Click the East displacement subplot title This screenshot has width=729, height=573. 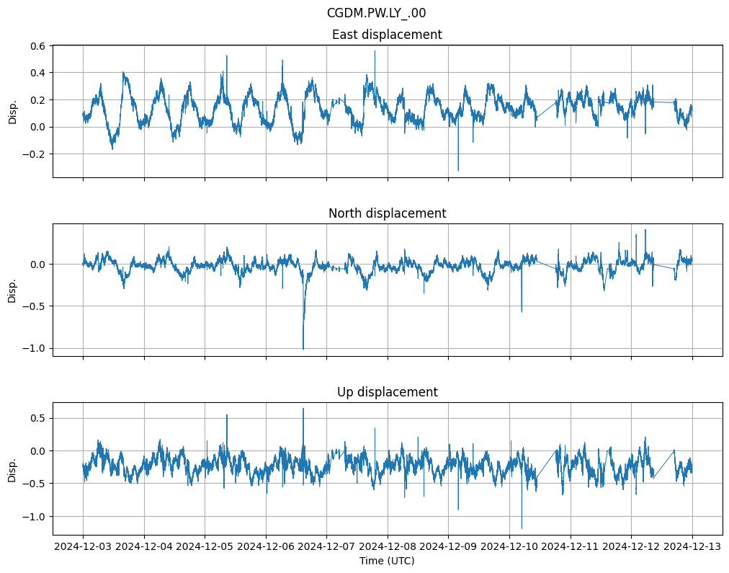387,35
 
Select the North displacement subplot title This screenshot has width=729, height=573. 387,213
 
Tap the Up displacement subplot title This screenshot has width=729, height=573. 387,392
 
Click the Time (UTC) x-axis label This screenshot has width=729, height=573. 387,560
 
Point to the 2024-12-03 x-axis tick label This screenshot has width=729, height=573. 83,546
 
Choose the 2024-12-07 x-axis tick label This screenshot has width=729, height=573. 326,546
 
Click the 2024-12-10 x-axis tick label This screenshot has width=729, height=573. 509,546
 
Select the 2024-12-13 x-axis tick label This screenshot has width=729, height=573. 692,546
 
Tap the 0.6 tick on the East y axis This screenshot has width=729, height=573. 37,45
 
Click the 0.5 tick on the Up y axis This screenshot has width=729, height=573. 37,418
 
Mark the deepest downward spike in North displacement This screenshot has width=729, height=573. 303,349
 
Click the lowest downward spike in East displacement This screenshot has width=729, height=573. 458,171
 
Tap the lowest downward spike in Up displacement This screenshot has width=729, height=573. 522,528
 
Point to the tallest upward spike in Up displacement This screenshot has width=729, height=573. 303,409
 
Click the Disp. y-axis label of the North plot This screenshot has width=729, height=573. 12,290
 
